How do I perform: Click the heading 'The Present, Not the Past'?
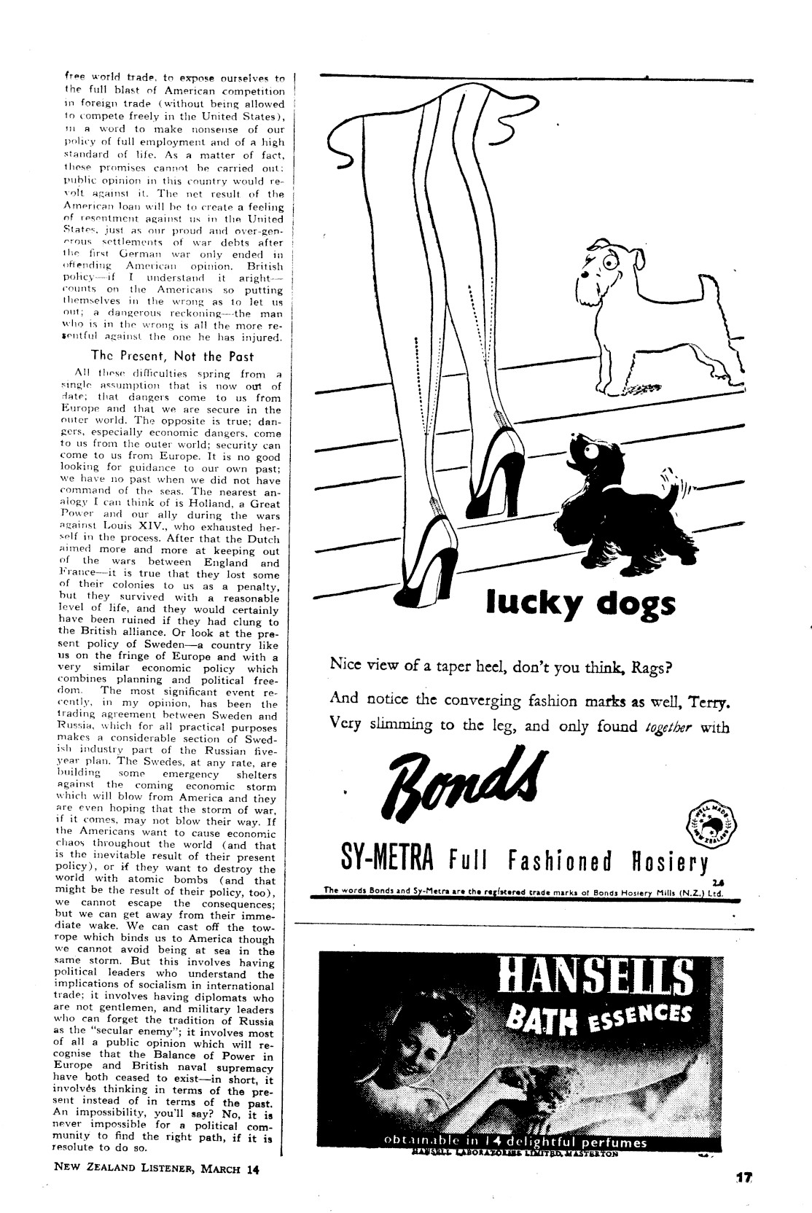pyautogui.click(x=172, y=356)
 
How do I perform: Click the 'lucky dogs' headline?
pyautogui.click(x=580, y=604)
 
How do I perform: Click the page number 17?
pyautogui.click(x=743, y=1197)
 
